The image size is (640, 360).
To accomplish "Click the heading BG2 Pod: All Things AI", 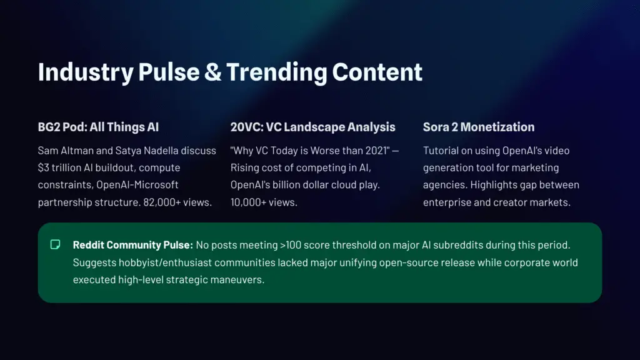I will pos(98,127).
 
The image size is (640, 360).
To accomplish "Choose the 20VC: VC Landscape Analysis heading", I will pos(312,127).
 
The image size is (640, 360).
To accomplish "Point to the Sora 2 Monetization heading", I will pos(479,127).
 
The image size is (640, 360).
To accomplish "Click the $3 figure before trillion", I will pos(44,168).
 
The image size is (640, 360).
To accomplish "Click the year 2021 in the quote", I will pos(371,151).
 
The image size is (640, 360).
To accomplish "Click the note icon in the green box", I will pos(56,244).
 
